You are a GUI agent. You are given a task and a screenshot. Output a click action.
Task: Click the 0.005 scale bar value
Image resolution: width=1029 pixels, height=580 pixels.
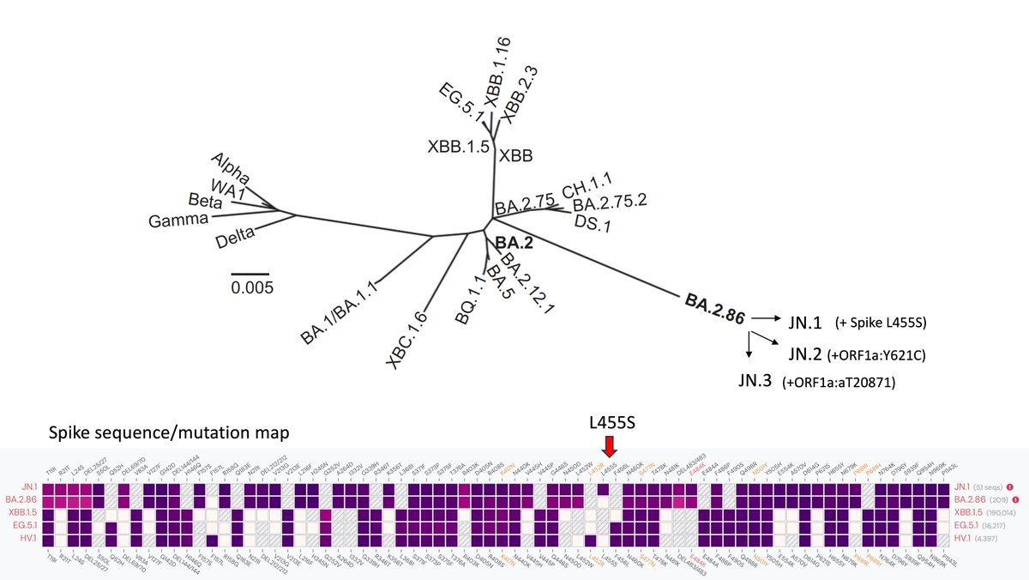coord(252,287)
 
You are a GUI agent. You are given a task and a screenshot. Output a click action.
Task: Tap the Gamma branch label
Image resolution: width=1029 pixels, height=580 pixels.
coord(178,220)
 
